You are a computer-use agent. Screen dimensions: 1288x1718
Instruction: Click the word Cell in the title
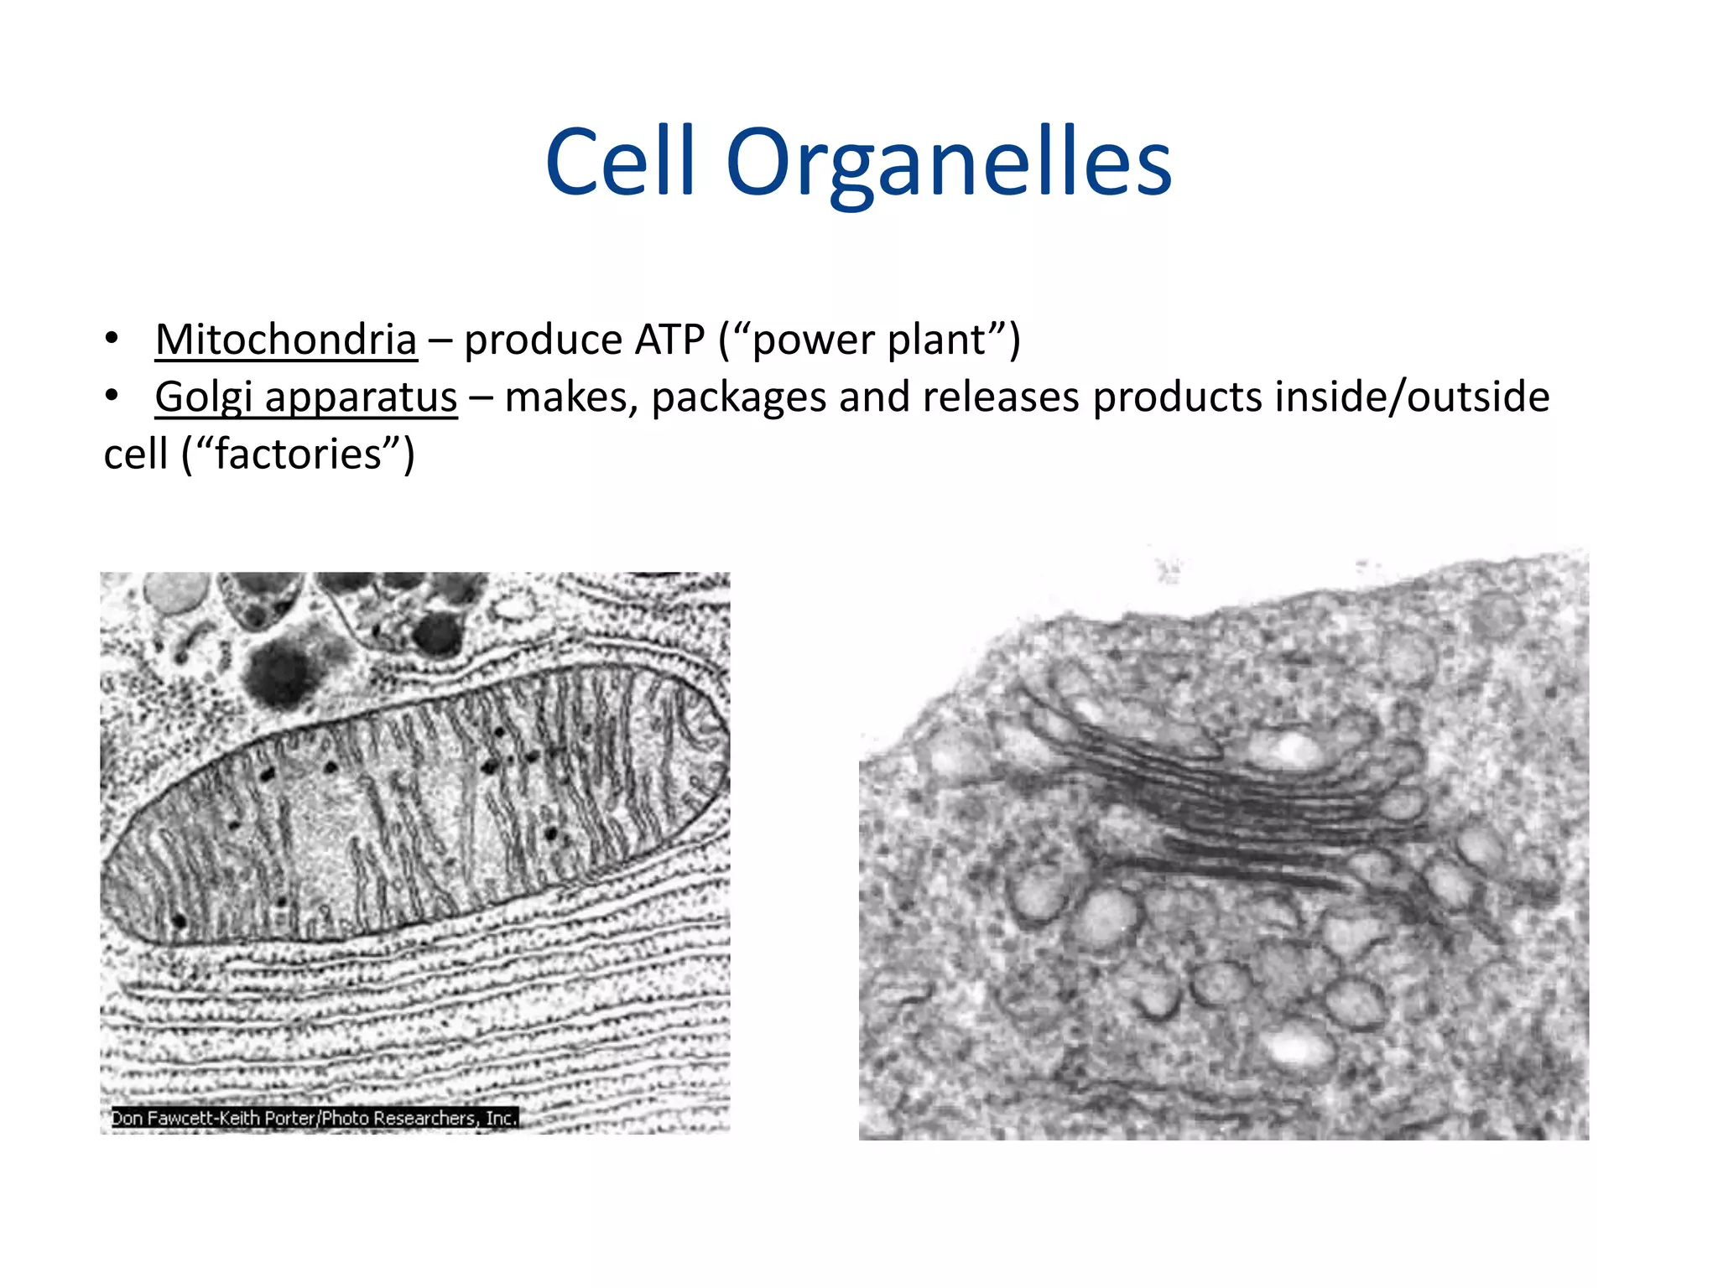620,161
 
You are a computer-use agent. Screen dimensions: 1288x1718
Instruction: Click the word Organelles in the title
948,164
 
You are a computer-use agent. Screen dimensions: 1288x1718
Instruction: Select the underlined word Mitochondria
286,340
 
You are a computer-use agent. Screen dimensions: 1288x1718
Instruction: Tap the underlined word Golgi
203,397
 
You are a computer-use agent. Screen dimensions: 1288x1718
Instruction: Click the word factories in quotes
299,454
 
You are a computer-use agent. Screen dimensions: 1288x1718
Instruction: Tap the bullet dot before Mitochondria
112,340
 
